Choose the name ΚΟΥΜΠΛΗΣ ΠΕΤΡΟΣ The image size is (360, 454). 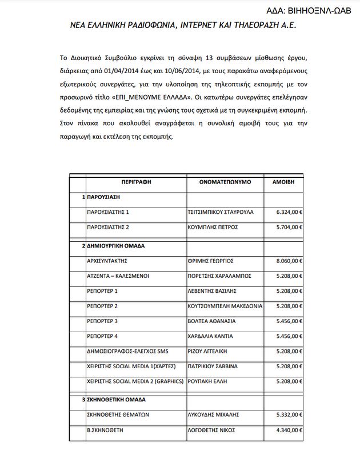214,227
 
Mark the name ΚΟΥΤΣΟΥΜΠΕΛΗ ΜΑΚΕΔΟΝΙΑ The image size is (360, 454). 226,306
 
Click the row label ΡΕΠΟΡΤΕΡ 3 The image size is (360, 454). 102,321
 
